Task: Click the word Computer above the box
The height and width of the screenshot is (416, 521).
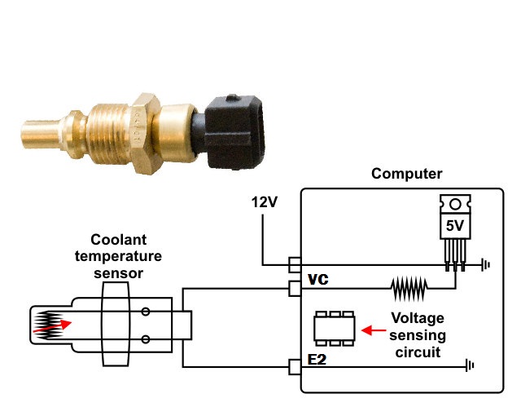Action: pyautogui.click(x=406, y=174)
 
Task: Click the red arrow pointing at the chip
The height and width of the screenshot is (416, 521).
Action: pyautogui.click(x=372, y=330)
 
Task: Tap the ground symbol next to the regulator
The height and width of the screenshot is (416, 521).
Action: pyautogui.click(x=486, y=264)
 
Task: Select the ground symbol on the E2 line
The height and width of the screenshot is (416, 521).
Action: pyautogui.click(x=470, y=367)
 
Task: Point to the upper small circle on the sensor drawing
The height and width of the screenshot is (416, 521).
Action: pyautogui.click(x=145, y=311)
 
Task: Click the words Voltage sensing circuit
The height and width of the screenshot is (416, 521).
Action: pyautogui.click(x=417, y=335)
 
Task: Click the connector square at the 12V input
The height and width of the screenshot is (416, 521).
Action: pyautogui.click(x=295, y=264)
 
